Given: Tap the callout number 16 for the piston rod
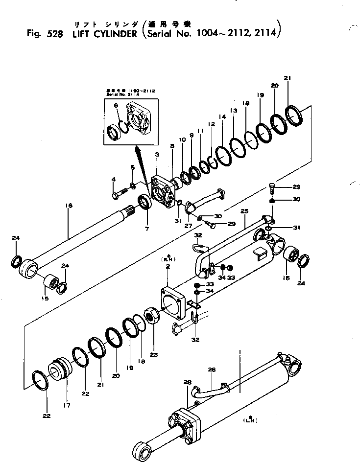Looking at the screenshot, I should click(x=68, y=206).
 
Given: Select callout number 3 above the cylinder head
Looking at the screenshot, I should click(x=157, y=155).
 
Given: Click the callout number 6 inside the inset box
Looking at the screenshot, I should click(x=116, y=105).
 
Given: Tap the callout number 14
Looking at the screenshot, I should click(x=222, y=117).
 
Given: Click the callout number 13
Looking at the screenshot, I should click(x=234, y=111).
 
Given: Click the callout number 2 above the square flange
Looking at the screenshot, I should click(x=168, y=266).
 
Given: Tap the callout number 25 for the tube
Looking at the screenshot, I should click(x=245, y=210).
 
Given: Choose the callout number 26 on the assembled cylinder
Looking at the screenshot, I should click(x=212, y=370).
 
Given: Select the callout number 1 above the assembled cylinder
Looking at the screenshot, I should click(x=240, y=351).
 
